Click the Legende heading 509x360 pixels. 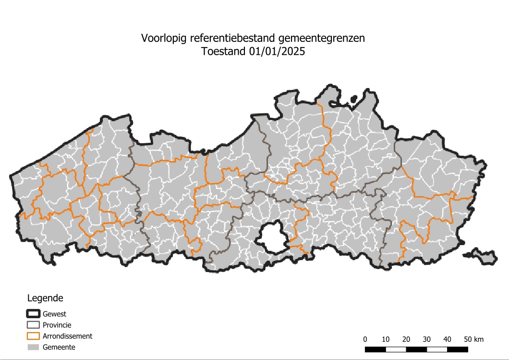click(x=45, y=298)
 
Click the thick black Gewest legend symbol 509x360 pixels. click(x=33, y=314)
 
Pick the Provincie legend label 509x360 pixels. click(x=57, y=325)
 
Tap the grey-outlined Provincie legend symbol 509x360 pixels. click(x=33, y=325)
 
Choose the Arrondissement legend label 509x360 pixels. click(x=67, y=336)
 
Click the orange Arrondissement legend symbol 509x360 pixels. click(x=33, y=336)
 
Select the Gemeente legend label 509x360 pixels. click(x=59, y=347)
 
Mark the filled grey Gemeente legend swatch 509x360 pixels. click(x=33, y=347)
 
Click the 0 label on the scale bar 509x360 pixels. click(x=365, y=339)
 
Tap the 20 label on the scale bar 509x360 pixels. click(x=406, y=339)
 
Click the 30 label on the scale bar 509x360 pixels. click(x=427, y=339)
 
